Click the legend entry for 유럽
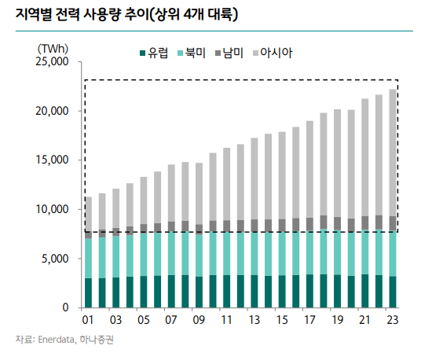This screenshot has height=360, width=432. pos(156,53)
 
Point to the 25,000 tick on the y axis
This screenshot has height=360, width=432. pos(53,61)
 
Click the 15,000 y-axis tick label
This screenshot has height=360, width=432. pos(53,160)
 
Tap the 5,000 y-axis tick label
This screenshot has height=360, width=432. pos(57,258)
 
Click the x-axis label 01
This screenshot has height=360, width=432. pos(88,321)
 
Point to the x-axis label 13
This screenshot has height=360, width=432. pos(254,321)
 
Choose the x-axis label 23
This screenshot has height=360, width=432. pos(393,321)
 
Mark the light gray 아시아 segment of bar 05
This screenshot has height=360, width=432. pos(144,200)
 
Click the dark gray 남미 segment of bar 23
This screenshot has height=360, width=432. pos(393,223)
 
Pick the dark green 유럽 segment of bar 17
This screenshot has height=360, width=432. pos(309,291)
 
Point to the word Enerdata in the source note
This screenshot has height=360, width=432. pos(59,340)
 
